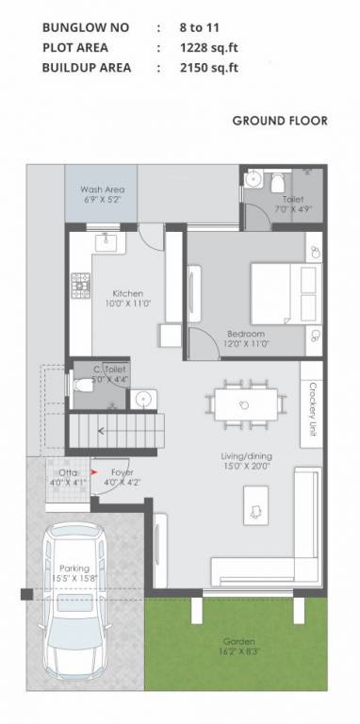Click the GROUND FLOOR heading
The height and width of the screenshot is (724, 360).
(x=280, y=121)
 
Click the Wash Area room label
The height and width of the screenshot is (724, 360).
(x=102, y=189)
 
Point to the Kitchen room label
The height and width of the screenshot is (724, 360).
(x=127, y=292)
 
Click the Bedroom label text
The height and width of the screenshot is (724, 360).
(x=245, y=334)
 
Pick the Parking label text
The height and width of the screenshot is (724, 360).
(x=74, y=568)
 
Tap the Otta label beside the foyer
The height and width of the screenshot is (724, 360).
(x=68, y=471)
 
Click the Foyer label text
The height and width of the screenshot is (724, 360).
(x=122, y=471)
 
